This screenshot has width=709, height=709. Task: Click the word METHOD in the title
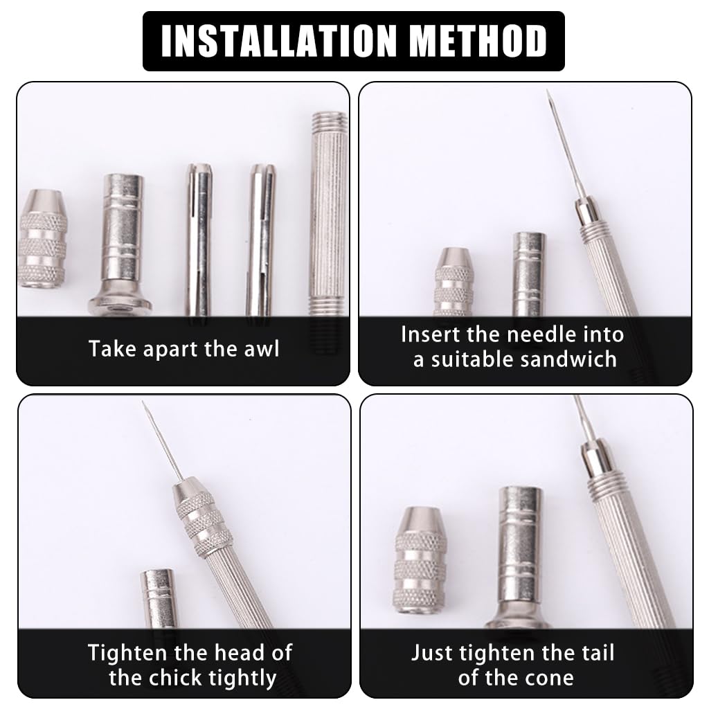[479, 41]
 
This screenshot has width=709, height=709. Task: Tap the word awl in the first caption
[262, 348]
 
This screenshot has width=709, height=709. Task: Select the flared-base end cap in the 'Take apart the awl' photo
[121, 242]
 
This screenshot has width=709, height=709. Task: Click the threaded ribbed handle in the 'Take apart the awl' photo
[327, 222]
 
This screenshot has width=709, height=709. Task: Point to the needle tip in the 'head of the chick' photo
[145, 404]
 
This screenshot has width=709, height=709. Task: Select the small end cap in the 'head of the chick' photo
[159, 599]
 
